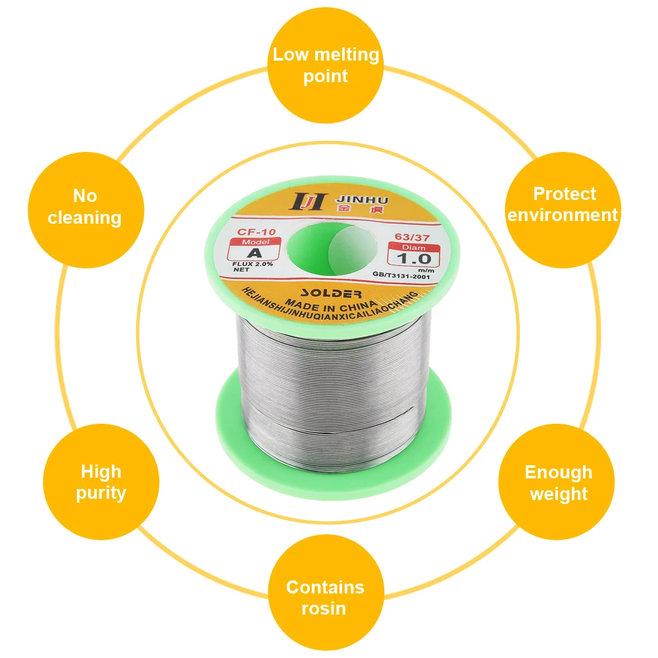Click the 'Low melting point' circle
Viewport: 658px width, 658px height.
point(326,64)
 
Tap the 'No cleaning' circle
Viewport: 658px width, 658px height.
point(85,206)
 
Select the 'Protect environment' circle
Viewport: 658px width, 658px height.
point(563,204)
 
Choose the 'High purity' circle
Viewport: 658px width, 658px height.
point(101,482)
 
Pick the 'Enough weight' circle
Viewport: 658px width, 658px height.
point(558,482)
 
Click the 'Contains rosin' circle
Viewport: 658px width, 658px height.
point(325,597)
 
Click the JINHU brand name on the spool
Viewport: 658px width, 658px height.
point(353,199)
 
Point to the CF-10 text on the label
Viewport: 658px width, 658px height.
point(251,231)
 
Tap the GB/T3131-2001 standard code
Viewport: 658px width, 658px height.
point(400,277)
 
